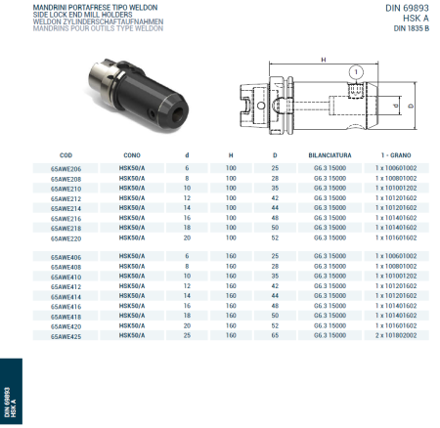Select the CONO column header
131,155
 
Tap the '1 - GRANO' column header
397,155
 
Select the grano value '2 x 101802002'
397,334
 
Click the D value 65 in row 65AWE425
275,334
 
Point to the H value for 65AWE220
231,237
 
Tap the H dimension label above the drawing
323,61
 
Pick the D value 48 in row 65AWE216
275,218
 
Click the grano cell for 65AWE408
397,266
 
